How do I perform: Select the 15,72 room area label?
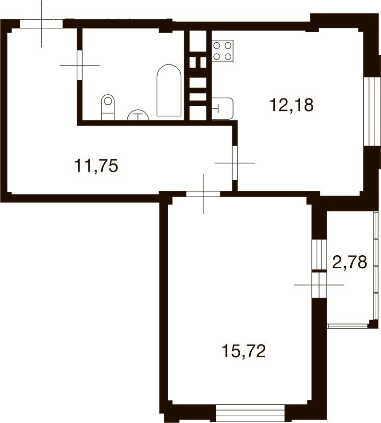[244, 351]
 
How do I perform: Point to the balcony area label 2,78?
[350, 262]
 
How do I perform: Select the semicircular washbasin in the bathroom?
[138, 115]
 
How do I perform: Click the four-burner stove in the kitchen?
[222, 50]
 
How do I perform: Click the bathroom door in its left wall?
[79, 64]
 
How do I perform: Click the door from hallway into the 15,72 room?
[203, 194]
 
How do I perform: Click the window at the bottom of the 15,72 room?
[250, 412]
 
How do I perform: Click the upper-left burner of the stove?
[217, 46]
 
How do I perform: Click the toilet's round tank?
[109, 101]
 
